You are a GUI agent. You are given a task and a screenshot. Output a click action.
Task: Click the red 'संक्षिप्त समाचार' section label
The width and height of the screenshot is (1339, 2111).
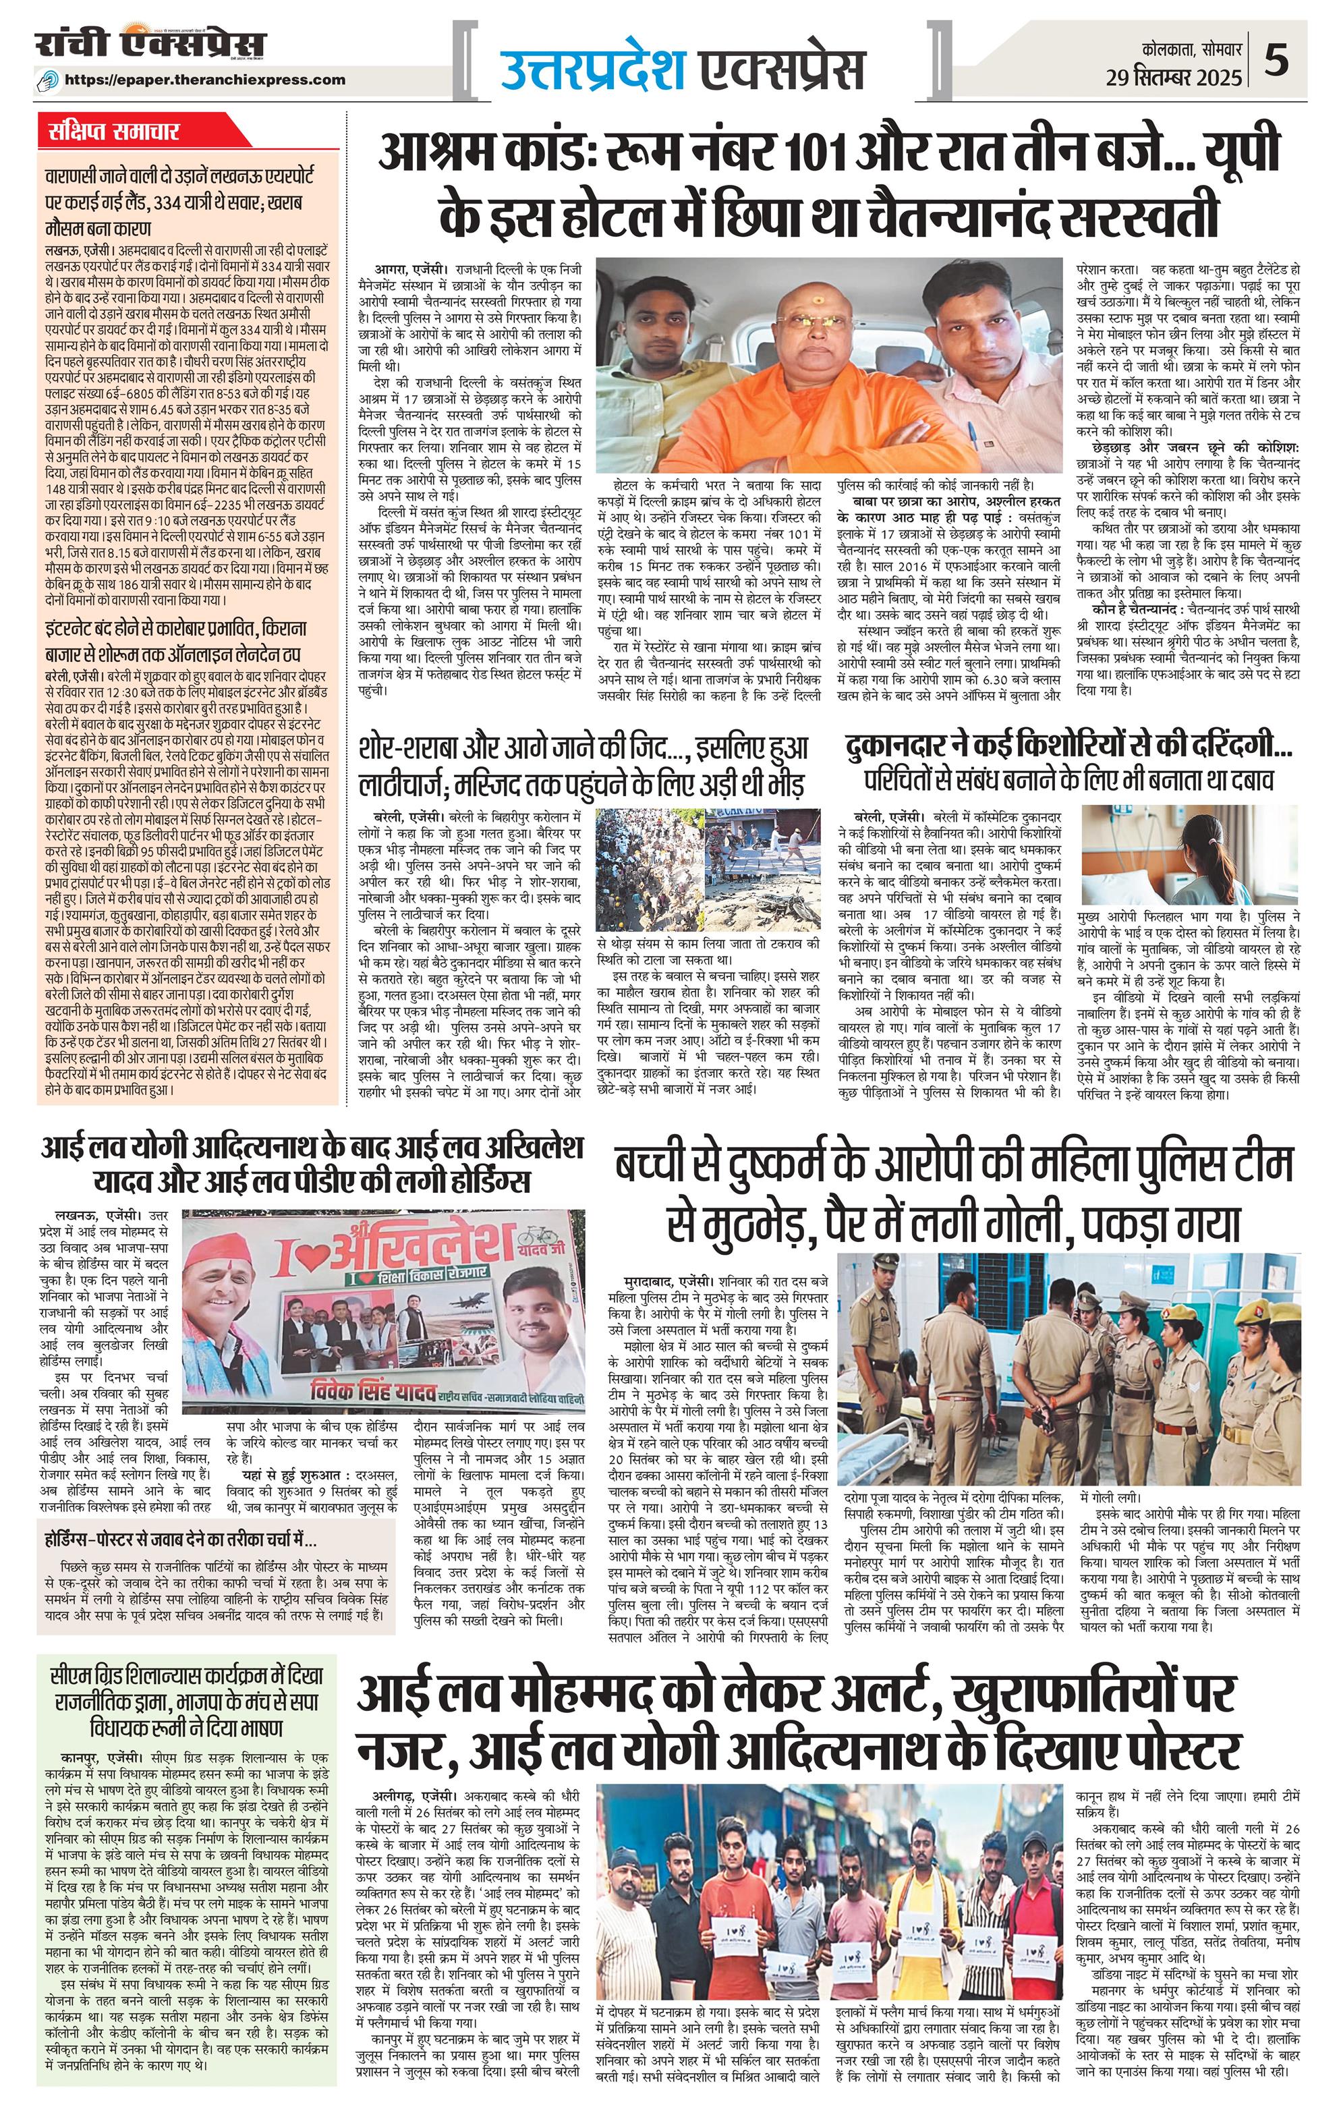pos(114,132)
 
